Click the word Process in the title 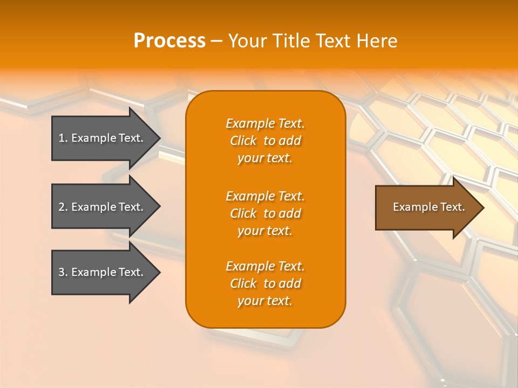[x=169, y=40]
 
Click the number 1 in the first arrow [x=62, y=138]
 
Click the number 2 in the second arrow [x=62, y=207]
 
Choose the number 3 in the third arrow [x=62, y=272]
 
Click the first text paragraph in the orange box [x=265, y=141]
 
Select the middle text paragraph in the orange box [x=265, y=213]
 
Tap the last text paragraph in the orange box [x=265, y=283]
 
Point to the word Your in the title [x=246, y=40]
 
